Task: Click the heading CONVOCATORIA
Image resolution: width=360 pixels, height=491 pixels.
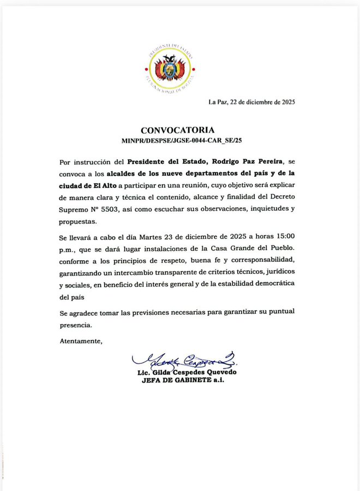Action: pos(177,130)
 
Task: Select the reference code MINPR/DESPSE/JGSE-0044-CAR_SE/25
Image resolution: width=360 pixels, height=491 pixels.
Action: pos(181,140)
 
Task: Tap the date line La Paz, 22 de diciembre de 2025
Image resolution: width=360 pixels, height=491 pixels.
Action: pos(251,101)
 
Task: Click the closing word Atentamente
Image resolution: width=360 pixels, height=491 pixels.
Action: pos(81,341)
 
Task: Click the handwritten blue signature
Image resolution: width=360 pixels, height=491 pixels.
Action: pos(184,361)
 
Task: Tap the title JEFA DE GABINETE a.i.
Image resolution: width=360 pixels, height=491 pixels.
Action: pos(183,380)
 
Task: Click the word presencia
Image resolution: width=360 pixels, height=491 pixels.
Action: pos(75,324)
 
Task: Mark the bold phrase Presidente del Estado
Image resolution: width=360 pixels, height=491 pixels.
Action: pos(164,162)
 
